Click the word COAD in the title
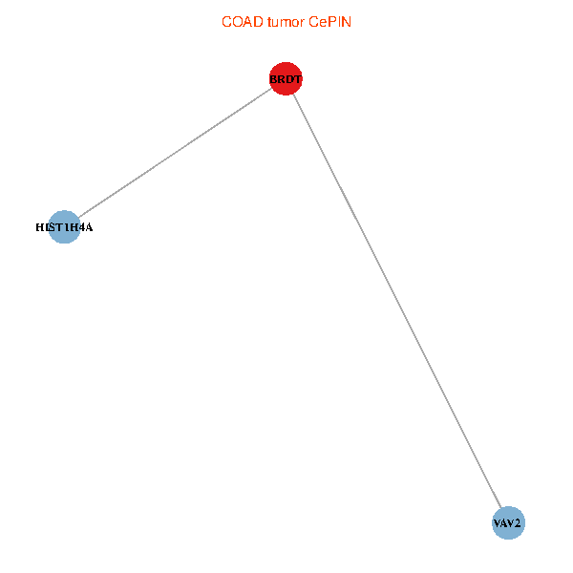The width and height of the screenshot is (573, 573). pos(243,22)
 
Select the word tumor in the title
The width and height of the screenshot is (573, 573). pos(286,22)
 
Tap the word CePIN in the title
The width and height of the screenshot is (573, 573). pos(329,22)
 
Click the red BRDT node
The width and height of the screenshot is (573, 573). pos(286,78)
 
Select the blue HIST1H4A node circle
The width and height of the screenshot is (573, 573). pos(64,227)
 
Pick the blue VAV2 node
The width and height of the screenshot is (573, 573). pos(508,523)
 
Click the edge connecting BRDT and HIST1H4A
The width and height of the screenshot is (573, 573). pos(175,153)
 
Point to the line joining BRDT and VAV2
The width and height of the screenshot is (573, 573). pos(397,301)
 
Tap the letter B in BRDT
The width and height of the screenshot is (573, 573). pos(273,79)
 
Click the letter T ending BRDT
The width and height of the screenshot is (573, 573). pos(298,79)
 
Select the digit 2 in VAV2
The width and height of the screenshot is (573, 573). pos(517,523)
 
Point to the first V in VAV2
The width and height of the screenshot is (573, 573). pos(497,523)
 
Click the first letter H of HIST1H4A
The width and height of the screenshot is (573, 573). pos(40,227)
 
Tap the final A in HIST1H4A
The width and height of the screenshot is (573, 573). pos(89,227)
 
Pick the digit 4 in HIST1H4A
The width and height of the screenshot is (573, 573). pos(81,227)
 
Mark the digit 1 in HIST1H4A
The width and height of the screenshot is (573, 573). pos(67,227)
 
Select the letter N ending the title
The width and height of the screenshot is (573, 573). pos(346,22)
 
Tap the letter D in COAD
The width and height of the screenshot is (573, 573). pos(258,22)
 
